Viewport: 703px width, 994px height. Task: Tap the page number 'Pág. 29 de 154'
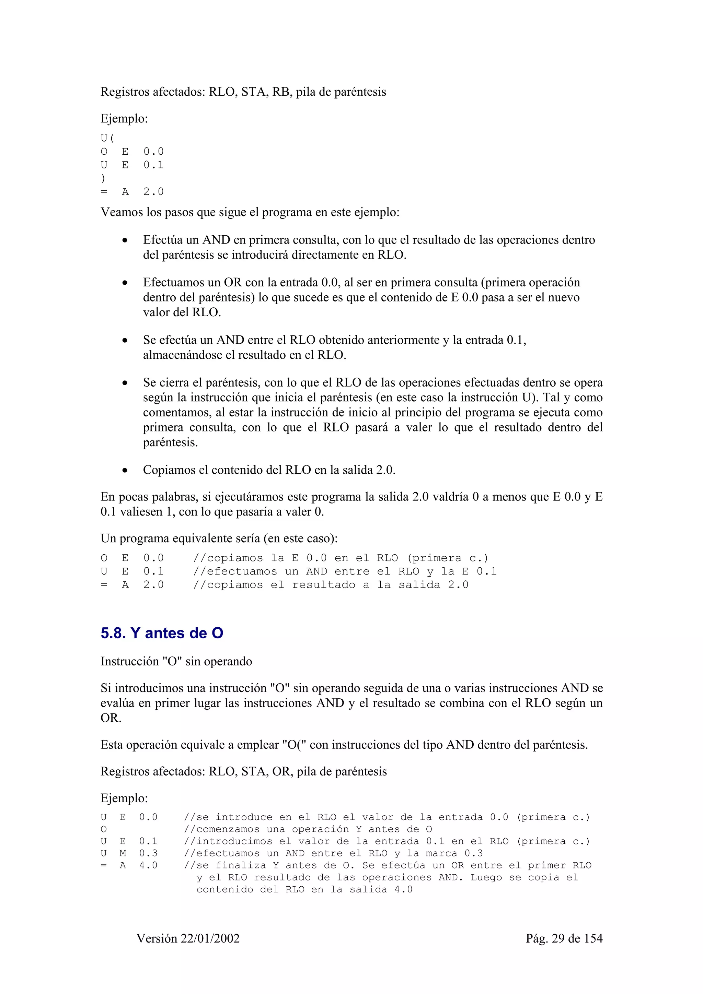[x=564, y=938]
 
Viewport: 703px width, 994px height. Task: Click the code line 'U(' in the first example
[x=107, y=139]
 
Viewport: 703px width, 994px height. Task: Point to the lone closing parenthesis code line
[x=103, y=178]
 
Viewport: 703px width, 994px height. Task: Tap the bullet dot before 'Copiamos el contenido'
[x=125, y=470]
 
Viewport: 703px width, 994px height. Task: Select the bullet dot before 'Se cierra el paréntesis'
[x=125, y=383]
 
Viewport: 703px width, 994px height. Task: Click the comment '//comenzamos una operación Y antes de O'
[x=308, y=829]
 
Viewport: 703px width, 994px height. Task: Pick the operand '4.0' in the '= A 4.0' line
[x=148, y=865]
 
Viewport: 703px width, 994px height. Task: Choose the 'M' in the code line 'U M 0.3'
[x=123, y=853]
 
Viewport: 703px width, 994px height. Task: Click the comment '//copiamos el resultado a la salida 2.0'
[x=331, y=585]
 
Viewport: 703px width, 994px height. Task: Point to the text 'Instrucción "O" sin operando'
[x=176, y=662]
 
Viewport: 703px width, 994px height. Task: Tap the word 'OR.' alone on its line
[x=111, y=718]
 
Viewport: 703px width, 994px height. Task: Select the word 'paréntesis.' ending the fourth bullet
[x=170, y=442]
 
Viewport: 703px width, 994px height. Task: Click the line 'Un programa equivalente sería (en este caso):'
[x=219, y=539]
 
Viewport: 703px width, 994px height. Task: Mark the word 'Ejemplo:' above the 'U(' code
[x=124, y=119]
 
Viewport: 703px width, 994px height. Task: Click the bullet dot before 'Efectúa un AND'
[x=125, y=240]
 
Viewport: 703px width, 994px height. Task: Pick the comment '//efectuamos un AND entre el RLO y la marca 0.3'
[x=333, y=853]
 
